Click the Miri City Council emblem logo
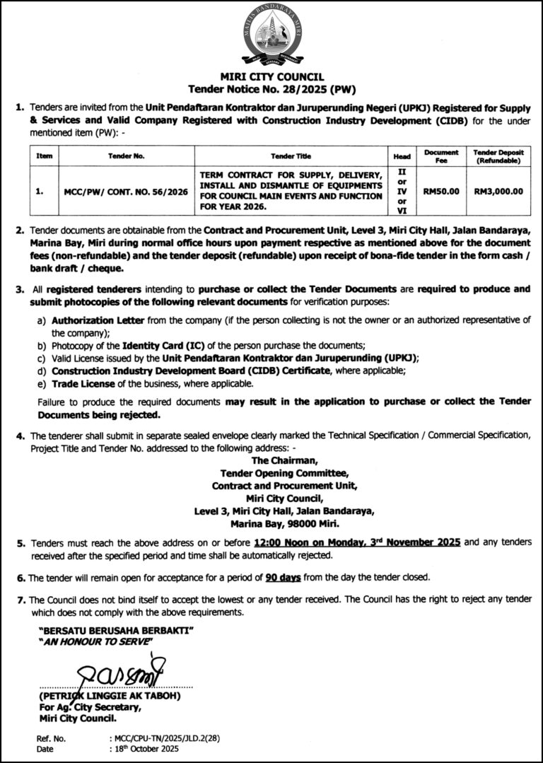coord(271,35)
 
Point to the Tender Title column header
coord(291,156)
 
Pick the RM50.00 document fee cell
coord(441,191)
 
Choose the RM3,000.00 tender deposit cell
coord(498,191)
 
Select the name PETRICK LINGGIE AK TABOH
coord(111,696)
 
